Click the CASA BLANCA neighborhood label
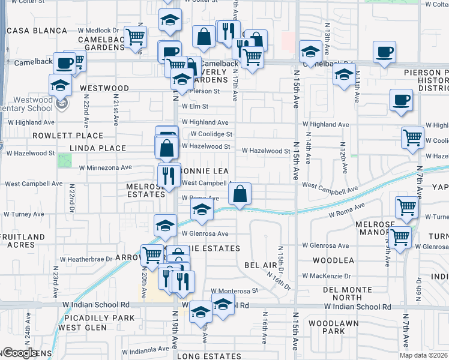[37, 31]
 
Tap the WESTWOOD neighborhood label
[104, 88]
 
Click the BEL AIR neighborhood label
[260, 265]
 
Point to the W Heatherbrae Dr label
[86, 259]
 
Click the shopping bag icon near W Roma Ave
[240, 194]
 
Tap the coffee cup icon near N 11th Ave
[401, 100]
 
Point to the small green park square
[64, 160]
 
